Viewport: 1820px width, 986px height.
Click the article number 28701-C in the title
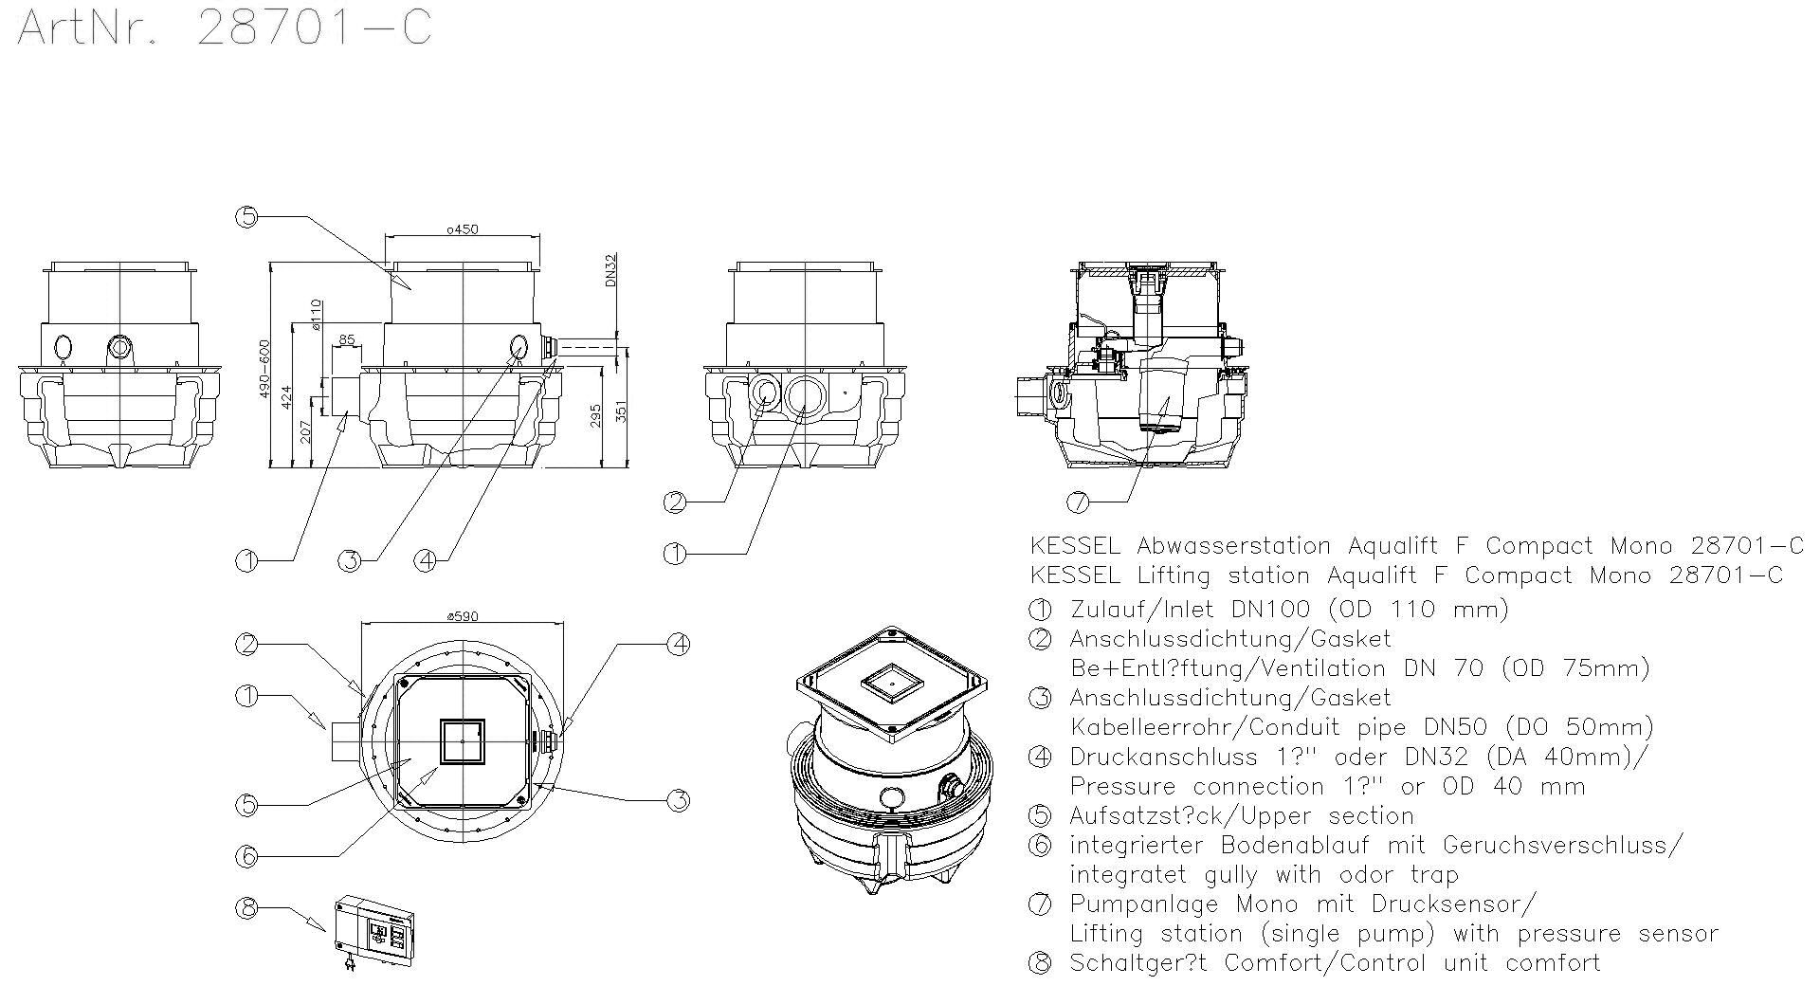(313, 27)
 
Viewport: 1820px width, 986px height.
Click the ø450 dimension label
(462, 229)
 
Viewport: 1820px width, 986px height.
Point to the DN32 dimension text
(610, 269)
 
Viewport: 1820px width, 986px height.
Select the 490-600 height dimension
(264, 369)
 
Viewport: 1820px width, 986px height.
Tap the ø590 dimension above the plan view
(463, 616)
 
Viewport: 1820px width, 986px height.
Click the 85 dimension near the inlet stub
(346, 338)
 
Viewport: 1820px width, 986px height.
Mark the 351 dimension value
(622, 411)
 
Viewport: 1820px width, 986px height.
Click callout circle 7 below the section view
(1078, 501)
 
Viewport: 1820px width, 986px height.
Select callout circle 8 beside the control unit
(246, 907)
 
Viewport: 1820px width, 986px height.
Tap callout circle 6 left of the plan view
(246, 856)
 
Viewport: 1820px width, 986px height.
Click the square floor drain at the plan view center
(463, 741)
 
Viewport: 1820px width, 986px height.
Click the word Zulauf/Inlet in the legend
(1141, 609)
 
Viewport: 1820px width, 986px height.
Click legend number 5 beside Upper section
(1040, 816)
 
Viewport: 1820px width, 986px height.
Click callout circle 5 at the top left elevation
(246, 217)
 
